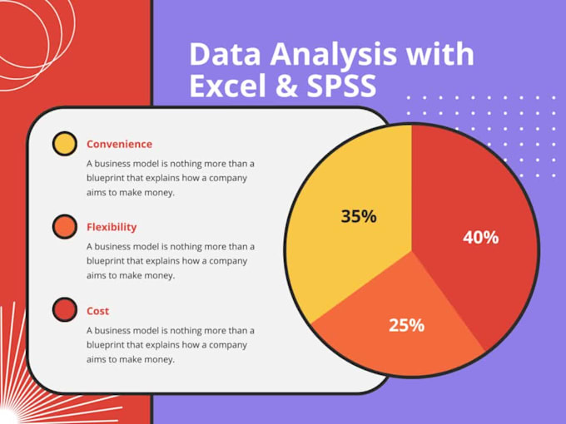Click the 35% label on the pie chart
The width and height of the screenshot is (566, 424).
click(x=359, y=216)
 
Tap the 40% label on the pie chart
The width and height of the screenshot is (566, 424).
click(x=481, y=238)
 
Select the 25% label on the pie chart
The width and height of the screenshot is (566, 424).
click(x=406, y=325)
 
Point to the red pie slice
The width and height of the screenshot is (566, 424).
click(x=476, y=202)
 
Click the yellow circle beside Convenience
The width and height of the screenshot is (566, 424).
click(x=65, y=144)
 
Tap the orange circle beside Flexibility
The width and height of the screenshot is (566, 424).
click(x=65, y=227)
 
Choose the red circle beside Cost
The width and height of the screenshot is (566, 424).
click(x=65, y=310)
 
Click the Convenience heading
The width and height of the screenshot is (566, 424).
click(x=120, y=144)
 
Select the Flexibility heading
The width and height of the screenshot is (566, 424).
click(x=112, y=227)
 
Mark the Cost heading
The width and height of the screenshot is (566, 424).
click(x=98, y=311)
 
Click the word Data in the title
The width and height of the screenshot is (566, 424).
click(x=225, y=54)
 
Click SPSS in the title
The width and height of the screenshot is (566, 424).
click(x=341, y=86)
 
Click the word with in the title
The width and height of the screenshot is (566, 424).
click(x=439, y=53)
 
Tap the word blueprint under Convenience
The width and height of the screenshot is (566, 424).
click(x=106, y=179)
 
